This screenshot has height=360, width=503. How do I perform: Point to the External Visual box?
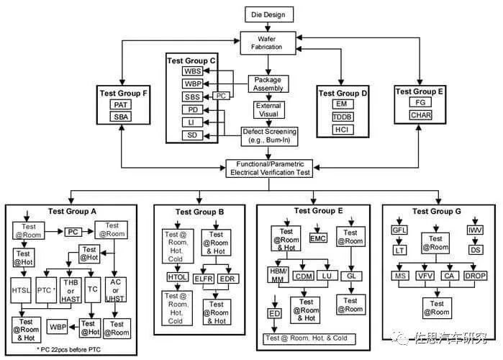tap(270, 109)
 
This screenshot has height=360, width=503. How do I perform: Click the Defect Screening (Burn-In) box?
tap(269, 136)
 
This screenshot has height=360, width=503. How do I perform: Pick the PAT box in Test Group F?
tap(119, 105)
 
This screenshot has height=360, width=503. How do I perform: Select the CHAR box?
tap(420, 115)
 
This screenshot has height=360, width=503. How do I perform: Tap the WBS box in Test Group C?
tap(193, 71)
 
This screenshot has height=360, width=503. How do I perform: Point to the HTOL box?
tap(177, 276)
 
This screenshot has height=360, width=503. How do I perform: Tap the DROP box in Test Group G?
tap(476, 276)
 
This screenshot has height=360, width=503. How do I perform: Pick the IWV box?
tap(475, 230)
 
